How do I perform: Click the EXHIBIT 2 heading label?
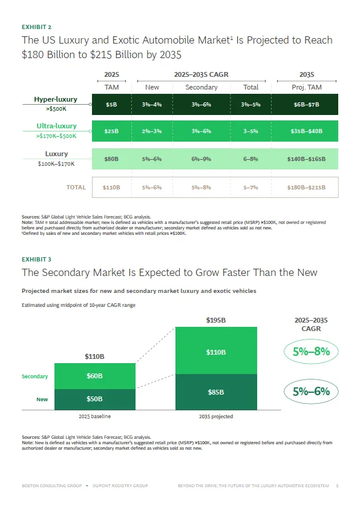tap(36, 27)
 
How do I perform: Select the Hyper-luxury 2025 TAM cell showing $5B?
tap(111, 105)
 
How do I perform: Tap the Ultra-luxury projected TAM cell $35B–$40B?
tap(306, 131)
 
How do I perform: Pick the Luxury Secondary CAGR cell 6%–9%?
tap(201, 159)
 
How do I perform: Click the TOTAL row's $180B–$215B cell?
tap(306, 187)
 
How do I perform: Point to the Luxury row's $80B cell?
tap(111, 159)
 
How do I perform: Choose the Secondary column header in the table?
tap(201, 87)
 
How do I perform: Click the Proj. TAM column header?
tap(307, 87)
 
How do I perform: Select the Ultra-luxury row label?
tap(56, 126)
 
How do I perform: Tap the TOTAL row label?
tap(76, 187)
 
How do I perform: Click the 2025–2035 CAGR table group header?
tap(201, 74)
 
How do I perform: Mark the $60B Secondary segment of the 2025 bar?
tap(95, 376)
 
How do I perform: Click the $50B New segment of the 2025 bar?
tap(95, 399)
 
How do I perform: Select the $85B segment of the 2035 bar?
tap(216, 392)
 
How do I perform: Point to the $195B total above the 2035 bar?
tap(216, 320)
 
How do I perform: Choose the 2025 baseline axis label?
tap(95, 416)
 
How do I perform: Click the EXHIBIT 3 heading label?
tap(36, 260)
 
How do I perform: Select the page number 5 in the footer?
tap(337, 485)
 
